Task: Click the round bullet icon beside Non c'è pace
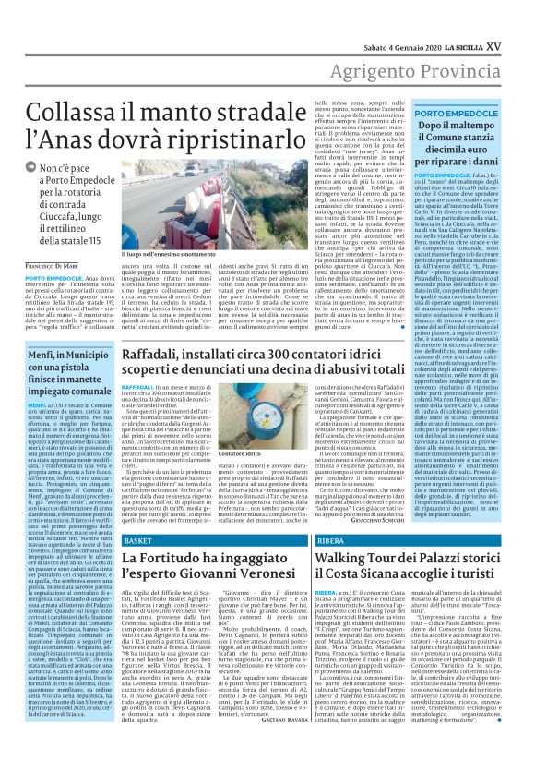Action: pyautogui.click(x=31, y=170)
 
